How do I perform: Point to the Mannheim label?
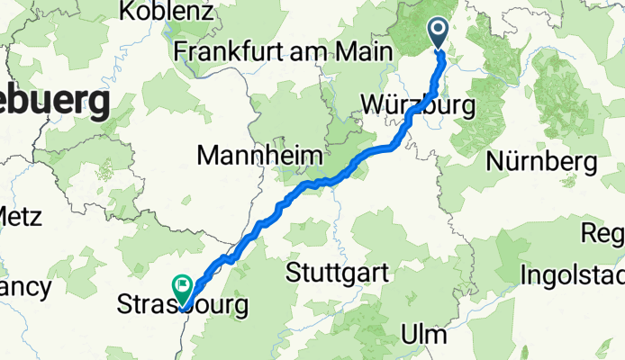coord(259,157)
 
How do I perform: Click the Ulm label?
coord(427,335)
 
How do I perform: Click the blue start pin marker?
coord(439,33)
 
